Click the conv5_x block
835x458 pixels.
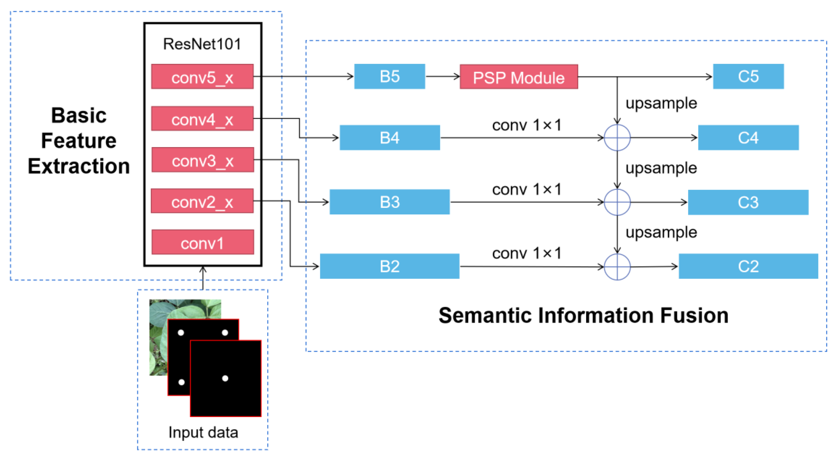[202, 77]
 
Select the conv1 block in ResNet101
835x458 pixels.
[203, 242]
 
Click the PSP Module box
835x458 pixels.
[519, 77]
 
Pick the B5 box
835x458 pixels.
[389, 77]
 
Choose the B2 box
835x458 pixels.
[389, 267]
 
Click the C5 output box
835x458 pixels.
[748, 77]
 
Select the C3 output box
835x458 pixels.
[748, 202]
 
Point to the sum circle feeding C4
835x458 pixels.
[617, 138]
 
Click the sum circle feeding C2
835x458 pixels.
[617, 267]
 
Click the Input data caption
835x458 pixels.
[203, 432]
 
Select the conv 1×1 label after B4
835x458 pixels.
[526, 125]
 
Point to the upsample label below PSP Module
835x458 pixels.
[661, 103]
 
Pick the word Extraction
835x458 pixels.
[79, 166]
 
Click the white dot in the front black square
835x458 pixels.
[225, 378]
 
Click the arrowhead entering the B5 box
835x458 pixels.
[350, 77]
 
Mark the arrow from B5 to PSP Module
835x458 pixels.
[442, 77]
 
